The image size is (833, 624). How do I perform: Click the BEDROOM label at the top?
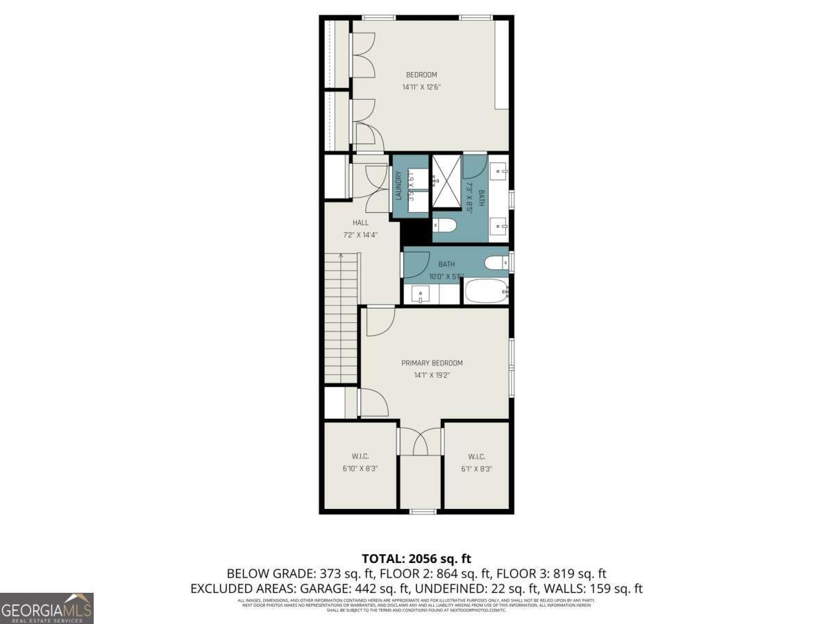tap(421, 75)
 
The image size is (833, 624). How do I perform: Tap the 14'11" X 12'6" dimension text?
tap(421, 87)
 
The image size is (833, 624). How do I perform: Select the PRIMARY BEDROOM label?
tap(432, 363)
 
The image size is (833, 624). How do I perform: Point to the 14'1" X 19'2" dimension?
tap(432, 375)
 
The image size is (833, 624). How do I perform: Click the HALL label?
tap(360, 223)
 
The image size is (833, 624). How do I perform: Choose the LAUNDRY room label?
tap(399, 186)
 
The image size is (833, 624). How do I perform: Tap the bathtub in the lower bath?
tap(487, 291)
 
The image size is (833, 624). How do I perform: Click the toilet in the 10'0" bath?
tap(497, 262)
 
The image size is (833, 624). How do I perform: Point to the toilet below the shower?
tap(445, 225)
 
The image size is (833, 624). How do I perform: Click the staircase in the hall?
tap(341, 319)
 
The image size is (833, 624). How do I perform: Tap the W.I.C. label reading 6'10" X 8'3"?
tap(360, 462)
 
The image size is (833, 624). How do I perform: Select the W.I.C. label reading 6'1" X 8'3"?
tap(476, 462)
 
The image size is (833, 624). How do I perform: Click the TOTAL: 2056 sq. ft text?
tap(416, 558)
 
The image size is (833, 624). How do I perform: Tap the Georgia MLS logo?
tap(47, 608)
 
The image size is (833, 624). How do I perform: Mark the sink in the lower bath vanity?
tap(421, 294)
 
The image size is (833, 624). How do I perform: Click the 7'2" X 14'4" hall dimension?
tap(360, 235)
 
